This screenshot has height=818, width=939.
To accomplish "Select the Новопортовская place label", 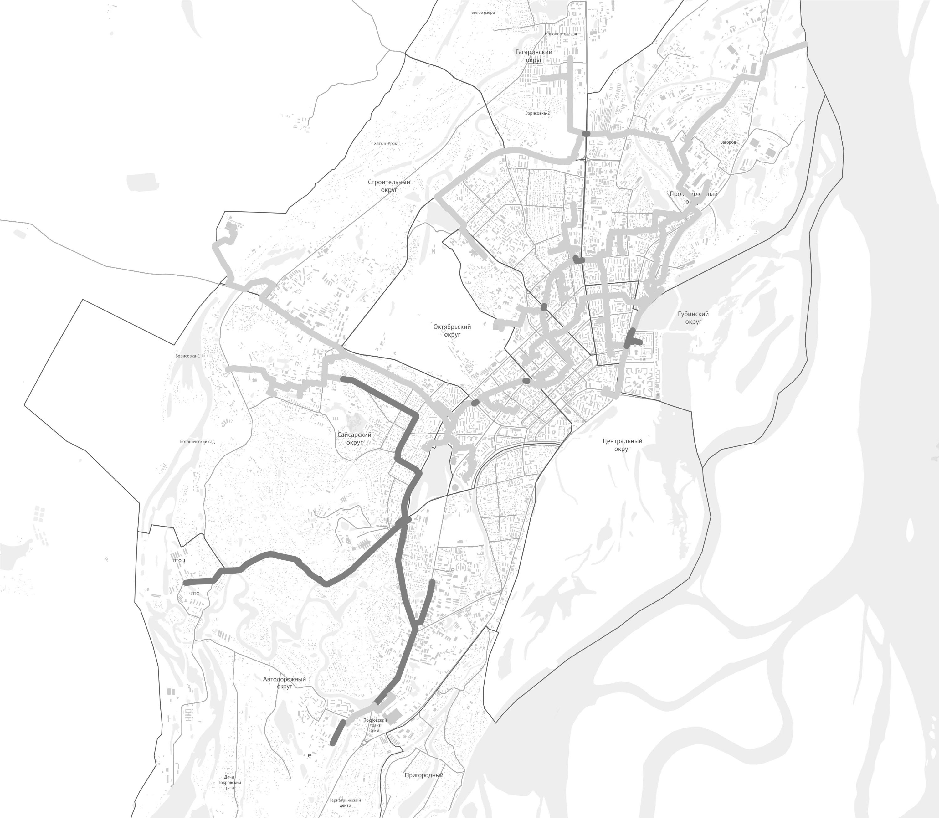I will tap(561, 34).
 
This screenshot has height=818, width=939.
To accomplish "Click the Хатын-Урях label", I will tap(385, 143).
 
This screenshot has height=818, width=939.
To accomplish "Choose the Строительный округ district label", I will tap(389, 186).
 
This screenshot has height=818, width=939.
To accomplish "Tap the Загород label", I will tap(728, 142).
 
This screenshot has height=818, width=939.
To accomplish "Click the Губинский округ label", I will tap(693, 318).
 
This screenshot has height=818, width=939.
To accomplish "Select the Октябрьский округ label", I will tap(452, 331).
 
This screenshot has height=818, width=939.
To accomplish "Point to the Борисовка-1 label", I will tap(187, 356).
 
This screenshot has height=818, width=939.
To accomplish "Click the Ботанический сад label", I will tap(197, 441).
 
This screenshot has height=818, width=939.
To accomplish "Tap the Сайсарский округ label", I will tap(354, 439).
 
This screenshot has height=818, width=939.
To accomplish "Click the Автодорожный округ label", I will tap(285, 683).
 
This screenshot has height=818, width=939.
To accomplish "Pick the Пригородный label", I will tap(423, 775).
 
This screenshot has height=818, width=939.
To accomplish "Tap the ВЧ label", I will tap(310, 756).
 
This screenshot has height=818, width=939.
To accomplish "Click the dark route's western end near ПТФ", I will tap(185, 583).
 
